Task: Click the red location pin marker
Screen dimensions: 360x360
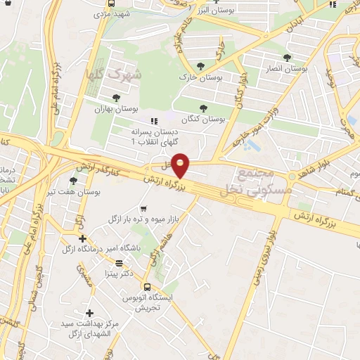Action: click(x=181, y=165)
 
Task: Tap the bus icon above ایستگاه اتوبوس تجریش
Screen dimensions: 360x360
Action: click(x=146, y=286)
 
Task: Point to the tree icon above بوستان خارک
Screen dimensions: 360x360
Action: click(x=200, y=66)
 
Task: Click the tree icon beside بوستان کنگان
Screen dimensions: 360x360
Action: click(x=204, y=109)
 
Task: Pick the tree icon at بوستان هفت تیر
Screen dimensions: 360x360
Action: click(x=74, y=181)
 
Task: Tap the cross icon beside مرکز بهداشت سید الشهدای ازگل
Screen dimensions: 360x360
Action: click(x=89, y=313)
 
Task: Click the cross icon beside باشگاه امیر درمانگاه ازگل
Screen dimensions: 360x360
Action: click(x=82, y=238)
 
